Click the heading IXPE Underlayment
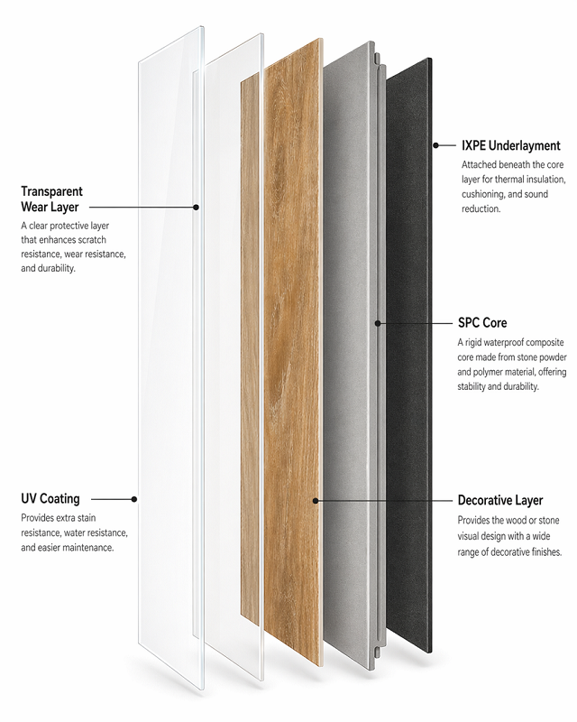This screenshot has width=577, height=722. [x=511, y=145]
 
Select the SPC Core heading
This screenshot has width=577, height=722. [x=482, y=323]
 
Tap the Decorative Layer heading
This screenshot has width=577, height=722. [x=500, y=500]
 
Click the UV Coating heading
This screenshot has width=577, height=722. [x=50, y=499]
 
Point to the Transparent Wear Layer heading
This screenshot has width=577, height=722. [x=51, y=199]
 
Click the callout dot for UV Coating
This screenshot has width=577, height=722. [x=134, y=499]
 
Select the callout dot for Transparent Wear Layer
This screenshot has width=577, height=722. [x=196, y=208]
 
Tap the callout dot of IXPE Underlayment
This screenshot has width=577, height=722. [x=435, y=145]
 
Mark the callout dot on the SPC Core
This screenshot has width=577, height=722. [x=378, y=323]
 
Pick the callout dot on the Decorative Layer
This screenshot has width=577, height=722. [x=316, y=501]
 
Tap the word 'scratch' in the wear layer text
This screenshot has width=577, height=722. [x=92, y=240]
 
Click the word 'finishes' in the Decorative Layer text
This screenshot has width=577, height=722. [x=546, y=551]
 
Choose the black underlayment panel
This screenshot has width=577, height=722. [x=409, y=355]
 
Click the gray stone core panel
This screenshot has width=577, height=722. [x=350, y=355]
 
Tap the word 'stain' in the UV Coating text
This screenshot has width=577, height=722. [x=86, y=518]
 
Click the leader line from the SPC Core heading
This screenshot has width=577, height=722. [x=415, y=323]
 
